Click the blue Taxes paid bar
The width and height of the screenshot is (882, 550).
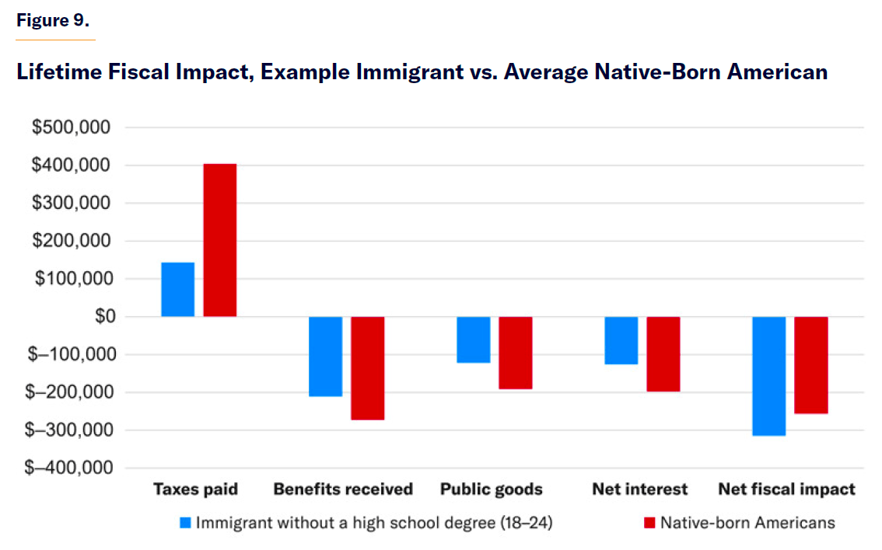tap(177, 290)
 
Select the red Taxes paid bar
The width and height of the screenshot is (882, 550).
tap(220, 240)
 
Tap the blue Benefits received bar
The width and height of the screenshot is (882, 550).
tap(325, 357)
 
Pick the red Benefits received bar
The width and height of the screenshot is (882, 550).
tap(368, 368)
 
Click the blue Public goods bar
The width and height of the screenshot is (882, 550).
tap(473, 339)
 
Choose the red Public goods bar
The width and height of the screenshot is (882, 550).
tap(516, 353)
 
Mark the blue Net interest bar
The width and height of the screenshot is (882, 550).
tap(621, 340)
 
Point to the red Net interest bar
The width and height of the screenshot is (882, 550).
tap(663, 354)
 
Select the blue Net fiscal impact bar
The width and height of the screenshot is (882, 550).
tap(768, 376)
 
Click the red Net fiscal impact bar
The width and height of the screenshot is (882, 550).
tap(811, 365)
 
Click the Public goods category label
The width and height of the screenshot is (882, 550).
tap(491, 489)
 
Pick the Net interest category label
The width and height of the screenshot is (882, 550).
tap(639, 489)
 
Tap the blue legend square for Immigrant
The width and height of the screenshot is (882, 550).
tap(184, 523)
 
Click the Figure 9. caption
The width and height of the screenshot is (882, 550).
tap(53, 21)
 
